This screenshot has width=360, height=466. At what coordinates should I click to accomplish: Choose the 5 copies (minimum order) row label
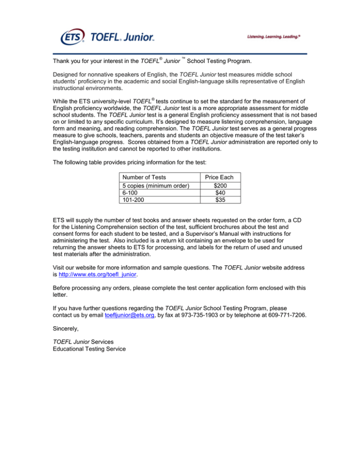(155, 185)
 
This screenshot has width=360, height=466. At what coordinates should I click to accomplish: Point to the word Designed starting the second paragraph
(67, 75)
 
